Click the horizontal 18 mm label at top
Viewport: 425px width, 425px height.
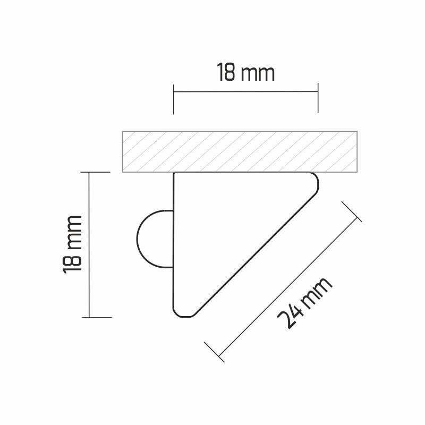click(x=245, y=72)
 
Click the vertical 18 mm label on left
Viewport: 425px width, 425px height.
click(x=72, y=245)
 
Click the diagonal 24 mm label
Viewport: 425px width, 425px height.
click(x=304, y=302)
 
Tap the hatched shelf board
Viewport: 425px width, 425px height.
click(x=240, y=151)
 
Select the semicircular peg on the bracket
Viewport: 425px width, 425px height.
click(x=155, y=239)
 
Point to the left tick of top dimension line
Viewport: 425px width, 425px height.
click(x=174, y=99)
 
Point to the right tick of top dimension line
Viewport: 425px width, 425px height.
click(x=318, y=98)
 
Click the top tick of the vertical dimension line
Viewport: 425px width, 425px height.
click(x=96, y=172)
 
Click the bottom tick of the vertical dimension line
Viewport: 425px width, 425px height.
click(x=97, y=317)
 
